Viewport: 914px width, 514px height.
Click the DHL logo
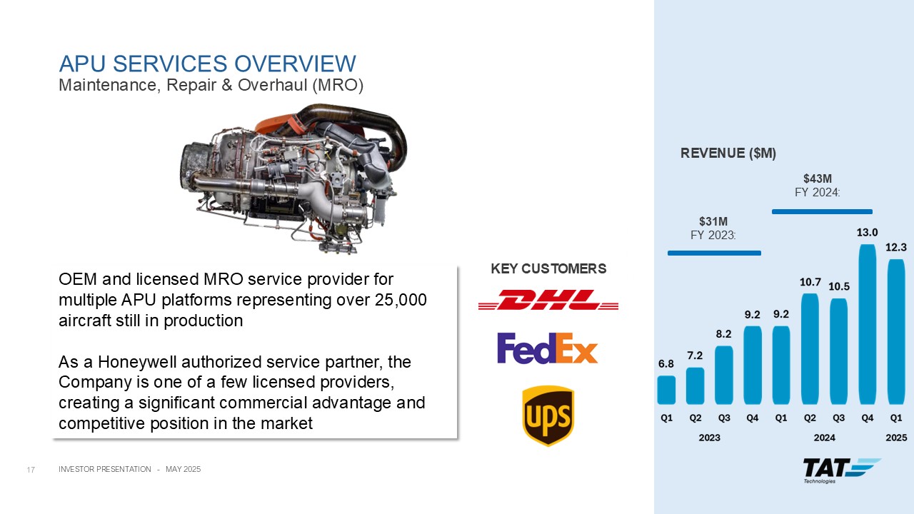pos(548,300)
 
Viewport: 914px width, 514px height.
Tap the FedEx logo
pos(547,348)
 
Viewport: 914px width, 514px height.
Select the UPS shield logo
pos(548,415)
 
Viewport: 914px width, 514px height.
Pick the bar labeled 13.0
pos(867,324)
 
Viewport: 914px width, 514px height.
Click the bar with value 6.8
pos(666,390)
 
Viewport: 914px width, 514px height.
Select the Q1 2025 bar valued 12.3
pos(896,332)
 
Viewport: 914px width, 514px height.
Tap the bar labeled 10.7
pos(810,349)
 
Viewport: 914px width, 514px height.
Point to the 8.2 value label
pos(723,333)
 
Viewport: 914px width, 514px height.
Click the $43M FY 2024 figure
pos(818,185)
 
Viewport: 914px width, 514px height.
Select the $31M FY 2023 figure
pos(713,228)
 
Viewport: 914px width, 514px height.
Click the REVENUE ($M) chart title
pos(728,153)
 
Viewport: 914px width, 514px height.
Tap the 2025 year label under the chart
pos(896,438)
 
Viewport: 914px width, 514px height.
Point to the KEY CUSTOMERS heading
pos(548,268)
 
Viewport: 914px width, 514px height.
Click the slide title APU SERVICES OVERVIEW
pos(207,64)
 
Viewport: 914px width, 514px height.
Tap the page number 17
pos(31,470)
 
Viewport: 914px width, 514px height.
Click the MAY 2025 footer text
pos(184,469)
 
